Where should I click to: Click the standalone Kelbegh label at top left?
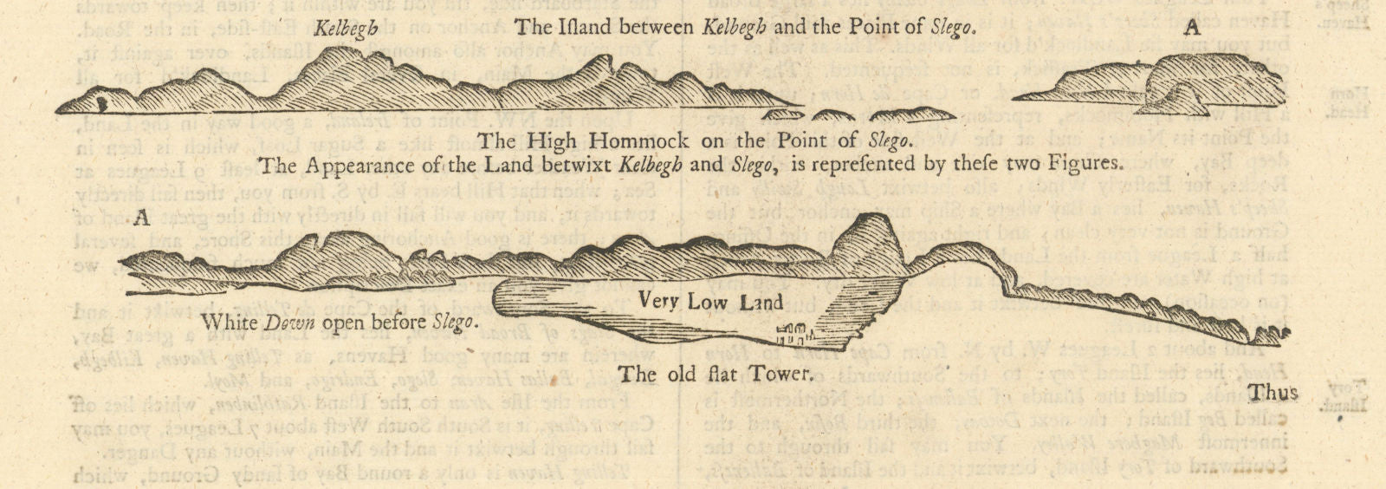click(346, 27)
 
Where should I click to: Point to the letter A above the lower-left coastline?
click(142, 218)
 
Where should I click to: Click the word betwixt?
click(570, 162)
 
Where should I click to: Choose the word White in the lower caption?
click(222, 321)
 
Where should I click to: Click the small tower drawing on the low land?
click(793, 332)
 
